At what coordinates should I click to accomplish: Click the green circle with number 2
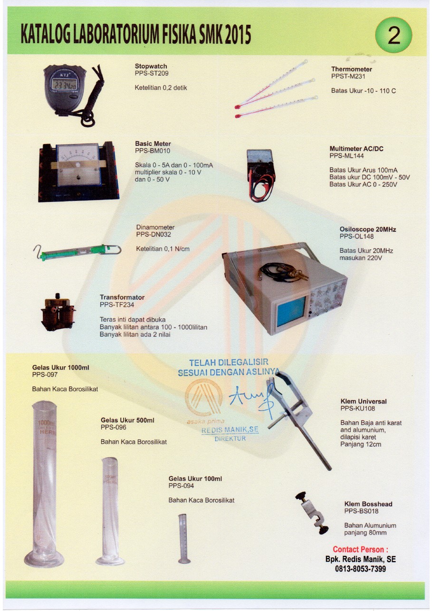click(x=393, y=35)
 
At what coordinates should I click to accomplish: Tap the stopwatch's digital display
click(x=64, y=84)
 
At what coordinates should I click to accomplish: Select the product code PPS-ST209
click(x=152, y=73)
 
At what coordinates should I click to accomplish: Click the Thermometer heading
click(x=352, y=69)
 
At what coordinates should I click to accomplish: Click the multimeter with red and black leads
click(x=260, y=175)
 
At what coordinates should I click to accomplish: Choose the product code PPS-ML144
click(x=346, y=156)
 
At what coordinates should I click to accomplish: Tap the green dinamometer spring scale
click(x=77, y=251)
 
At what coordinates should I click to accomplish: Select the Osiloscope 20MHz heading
click(x=367, y=229)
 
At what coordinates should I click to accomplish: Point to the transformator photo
click(x=58, y=312)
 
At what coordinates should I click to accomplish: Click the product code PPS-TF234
click(x=117, y=305)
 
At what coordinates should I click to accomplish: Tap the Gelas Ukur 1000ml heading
click(x=60, y=367)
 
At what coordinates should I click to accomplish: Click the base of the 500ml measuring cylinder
click(x=110, y=561)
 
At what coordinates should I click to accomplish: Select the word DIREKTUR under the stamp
click(x=230, y=439)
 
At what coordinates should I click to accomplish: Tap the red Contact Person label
click(x=360, y=549)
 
